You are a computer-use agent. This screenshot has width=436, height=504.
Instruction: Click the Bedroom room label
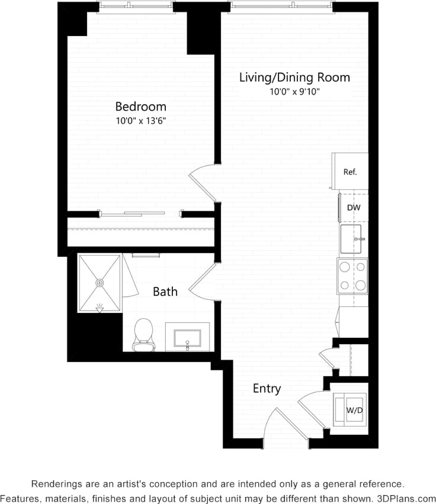point(140,106)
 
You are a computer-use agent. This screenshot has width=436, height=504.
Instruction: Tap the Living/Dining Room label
point(294,77)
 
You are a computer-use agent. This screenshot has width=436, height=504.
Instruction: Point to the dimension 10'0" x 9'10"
point(294,92)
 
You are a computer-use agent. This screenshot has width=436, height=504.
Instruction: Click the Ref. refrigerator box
point(350,172)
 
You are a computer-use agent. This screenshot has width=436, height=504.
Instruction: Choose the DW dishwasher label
point(353,208)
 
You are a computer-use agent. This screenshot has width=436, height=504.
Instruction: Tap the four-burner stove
point(352,276)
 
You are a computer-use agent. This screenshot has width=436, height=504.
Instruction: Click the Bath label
point(165,291)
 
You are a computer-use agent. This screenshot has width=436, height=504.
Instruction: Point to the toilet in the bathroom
point(143,335)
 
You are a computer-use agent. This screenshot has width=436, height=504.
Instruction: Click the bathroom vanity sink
point(187,337)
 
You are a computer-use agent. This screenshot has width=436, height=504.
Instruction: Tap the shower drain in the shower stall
point(100,283)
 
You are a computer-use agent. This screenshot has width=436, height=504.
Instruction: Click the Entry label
point(267,389)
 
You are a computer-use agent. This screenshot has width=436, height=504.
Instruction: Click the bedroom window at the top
point(137,7)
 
